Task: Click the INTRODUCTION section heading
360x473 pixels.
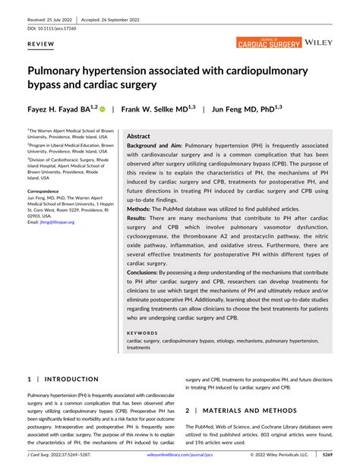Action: coord(68,378)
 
